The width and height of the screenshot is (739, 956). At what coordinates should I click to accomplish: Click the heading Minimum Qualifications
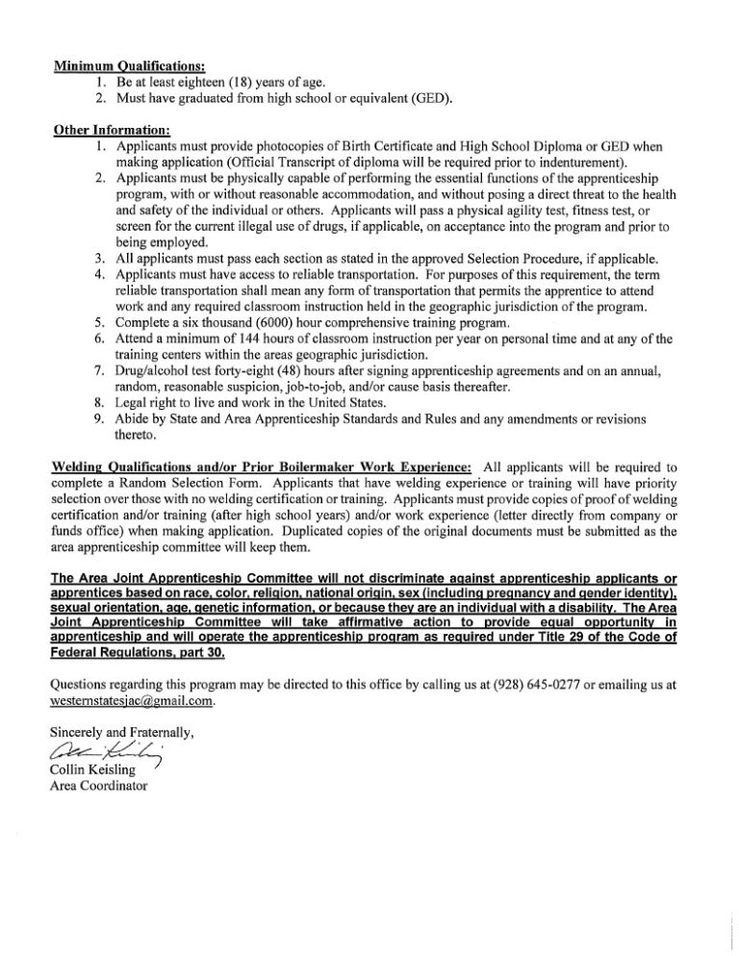pyautogui.click(x=129, y=67)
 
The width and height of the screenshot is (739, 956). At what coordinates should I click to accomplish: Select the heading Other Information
pyautogui.click(x=113, y=129)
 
